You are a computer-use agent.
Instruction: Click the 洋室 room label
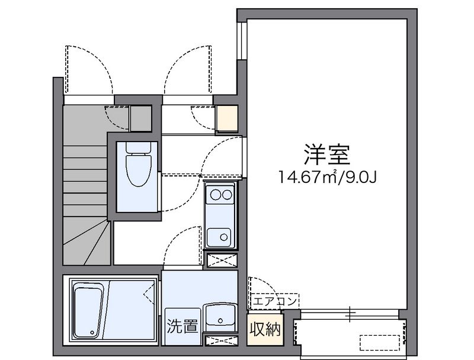[327, 155]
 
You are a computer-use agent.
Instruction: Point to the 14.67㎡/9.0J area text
[327, 177]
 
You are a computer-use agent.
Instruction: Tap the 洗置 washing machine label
[182, 326]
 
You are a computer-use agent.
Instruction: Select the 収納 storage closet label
[265, 329]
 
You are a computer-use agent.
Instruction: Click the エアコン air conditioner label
[275, 301]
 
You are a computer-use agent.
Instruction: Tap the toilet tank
[139, 147]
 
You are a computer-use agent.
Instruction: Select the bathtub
[88, 312]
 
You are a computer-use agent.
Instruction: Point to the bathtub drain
[92, 332]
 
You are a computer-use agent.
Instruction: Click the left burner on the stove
[215, 195]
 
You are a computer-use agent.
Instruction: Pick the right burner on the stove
[227, 195]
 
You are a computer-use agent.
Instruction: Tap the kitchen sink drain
[224, 237]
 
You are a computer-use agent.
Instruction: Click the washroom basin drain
[220, 320]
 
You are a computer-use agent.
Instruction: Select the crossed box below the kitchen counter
[222, 261]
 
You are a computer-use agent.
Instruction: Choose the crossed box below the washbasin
[222, 340]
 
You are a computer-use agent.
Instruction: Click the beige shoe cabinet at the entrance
[228, 118]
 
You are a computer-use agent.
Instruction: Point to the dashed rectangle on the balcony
[380, 343]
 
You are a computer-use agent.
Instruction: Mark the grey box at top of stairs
[140, 118]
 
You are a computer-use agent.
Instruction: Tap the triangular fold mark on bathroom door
[149, 294]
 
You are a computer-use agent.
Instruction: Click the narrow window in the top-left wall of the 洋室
[242, 40]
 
